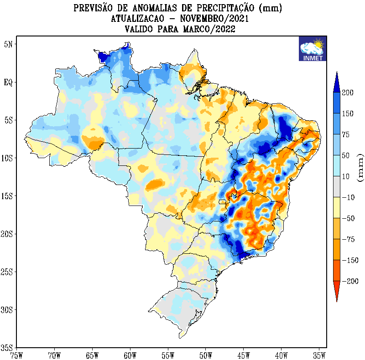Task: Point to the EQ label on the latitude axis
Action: [9, 82]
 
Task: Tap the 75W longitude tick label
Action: [16, 354]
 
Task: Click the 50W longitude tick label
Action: [206, 354]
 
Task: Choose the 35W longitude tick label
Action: [319, 354]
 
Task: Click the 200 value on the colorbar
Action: [348, 93]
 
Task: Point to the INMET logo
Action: [312, 48]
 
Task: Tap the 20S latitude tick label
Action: [8, 234]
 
